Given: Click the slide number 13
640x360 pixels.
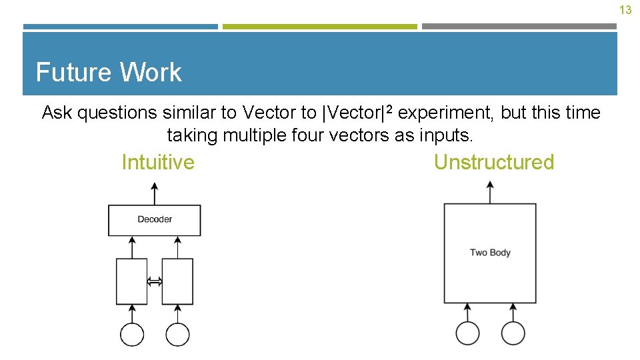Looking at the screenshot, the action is tap(625, 10).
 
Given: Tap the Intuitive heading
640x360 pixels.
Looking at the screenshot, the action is tap(158, 162).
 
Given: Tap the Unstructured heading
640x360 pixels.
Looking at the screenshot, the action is tap(493, 162).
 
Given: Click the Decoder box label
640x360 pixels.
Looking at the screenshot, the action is tap(155, 219).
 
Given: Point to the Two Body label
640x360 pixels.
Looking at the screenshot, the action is tap(490, 253).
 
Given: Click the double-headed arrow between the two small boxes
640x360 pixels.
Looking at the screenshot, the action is tap(155, 282).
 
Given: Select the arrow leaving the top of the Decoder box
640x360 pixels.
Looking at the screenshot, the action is tap(155, 195).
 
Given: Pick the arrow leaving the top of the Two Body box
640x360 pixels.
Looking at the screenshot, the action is tap(491, 193).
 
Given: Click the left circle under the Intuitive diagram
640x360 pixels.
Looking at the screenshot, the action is tap(132, 334).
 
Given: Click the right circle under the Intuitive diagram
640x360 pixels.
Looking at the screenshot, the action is tap(177, 334).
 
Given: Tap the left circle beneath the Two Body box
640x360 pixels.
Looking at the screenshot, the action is tap(467, 333).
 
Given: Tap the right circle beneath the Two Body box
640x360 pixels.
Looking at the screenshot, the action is tap(513, 333).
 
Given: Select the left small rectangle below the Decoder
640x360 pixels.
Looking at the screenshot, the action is tap(132, 281).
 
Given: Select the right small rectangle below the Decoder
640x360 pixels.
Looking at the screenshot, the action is tap(177, 281).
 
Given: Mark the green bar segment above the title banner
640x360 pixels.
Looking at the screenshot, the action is tap(319, 27).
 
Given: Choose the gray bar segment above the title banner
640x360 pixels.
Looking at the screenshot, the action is tap(519, 27).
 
